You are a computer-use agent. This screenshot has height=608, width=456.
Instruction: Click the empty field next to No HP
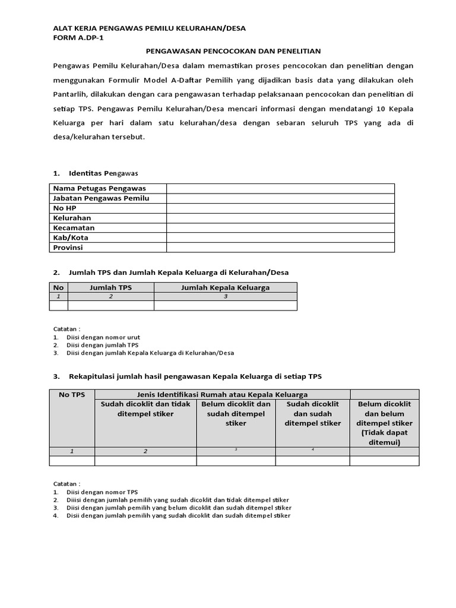[280, 208]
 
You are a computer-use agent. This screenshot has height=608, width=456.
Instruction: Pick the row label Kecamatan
[74, 227]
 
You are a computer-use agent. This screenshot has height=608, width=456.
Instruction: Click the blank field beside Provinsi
[280, 247]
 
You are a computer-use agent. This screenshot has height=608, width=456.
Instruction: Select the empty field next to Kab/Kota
[280, 237]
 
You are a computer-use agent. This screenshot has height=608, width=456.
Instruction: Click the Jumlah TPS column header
[110, 287]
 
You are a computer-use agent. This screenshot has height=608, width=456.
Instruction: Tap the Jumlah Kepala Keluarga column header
[225, 287]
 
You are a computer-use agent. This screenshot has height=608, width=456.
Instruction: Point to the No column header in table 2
[58, 287]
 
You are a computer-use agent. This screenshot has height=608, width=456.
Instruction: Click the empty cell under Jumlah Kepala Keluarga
[225, 306]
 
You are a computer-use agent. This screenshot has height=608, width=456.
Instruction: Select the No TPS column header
[72, 395]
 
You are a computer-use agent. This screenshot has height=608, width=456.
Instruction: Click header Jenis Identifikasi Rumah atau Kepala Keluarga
[222, 395]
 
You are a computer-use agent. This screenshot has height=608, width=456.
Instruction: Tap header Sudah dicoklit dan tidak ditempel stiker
[145, 409]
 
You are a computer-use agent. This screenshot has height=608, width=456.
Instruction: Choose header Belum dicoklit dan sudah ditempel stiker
[236, 414]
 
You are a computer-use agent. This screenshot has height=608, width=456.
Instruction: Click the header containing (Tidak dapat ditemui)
[384, 438]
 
